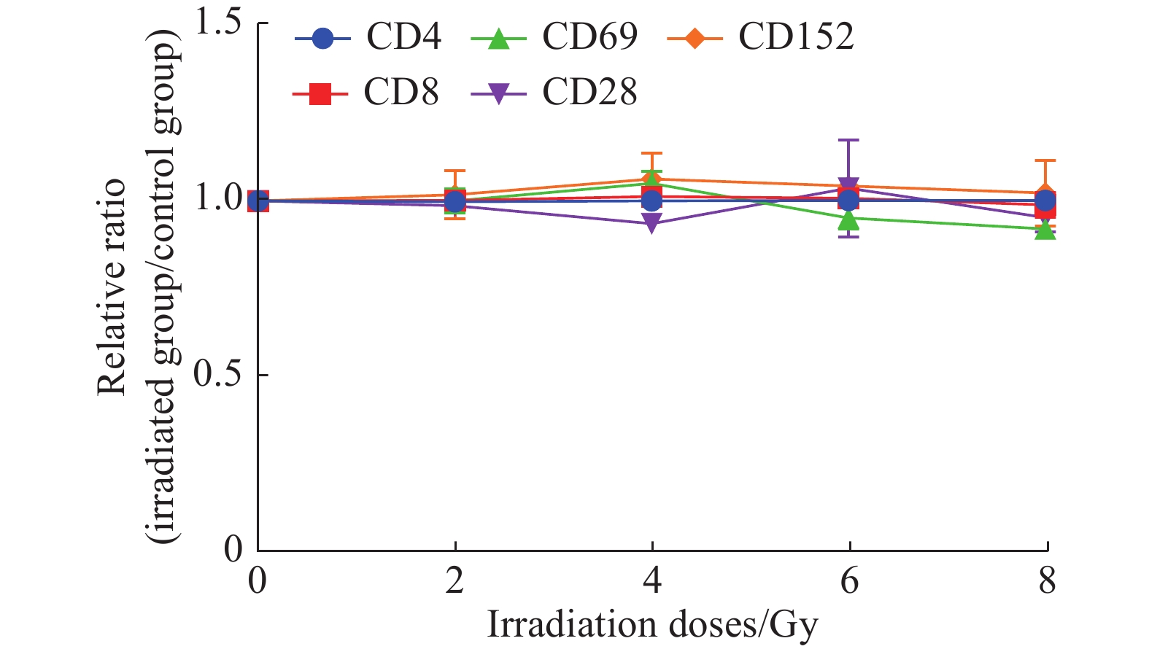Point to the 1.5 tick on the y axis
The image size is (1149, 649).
tap(217, 23)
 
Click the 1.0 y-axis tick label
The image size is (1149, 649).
tap(217, 198)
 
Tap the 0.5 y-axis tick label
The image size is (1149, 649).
tap(217, 374)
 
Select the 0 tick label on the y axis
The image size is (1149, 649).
tap(233, 549)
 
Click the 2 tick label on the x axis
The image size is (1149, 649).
tap(455, 581)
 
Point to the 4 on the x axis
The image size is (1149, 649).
tap(652, 581)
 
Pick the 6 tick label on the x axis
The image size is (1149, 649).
tap(849, 581)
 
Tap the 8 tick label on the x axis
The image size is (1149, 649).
tap(1047, 581)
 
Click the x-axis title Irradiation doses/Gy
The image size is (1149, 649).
tap(652, 625)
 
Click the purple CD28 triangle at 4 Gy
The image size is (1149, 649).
tap(652, 222)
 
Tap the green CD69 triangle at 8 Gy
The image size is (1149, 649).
tap(1046, 230)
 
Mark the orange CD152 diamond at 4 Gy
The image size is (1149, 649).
tap(652, 179)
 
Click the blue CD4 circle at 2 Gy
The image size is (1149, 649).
tap(455, 201)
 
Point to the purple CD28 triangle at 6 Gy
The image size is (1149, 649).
tap(849, 187)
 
